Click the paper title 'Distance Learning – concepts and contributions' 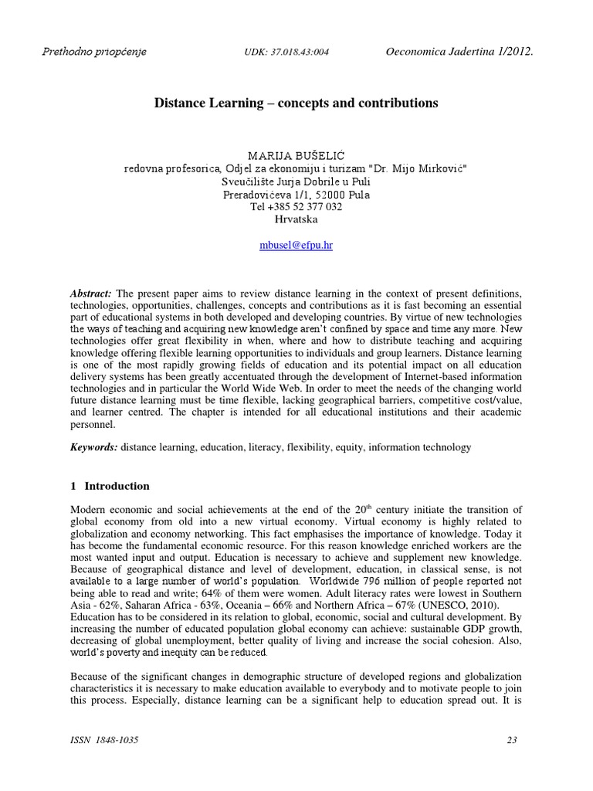pyautogui.click(x=296, y=102)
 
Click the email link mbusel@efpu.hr pyautogui.click(x=296, y=245)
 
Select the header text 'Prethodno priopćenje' pyautogui.click(x=93, y=52)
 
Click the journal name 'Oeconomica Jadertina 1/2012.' pyautogui.click(x=459, y=52)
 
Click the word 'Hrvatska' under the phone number pyautogui.click(x=296, y=219)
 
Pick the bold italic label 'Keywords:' pyautogui.click(x=93, y=447)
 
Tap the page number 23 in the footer pyautogui.click(x=511, y=741)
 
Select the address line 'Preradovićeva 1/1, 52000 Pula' pyautogui.click(x=296, y=195)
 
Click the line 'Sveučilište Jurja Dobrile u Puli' pyautogui.click(x=296, y=182)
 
